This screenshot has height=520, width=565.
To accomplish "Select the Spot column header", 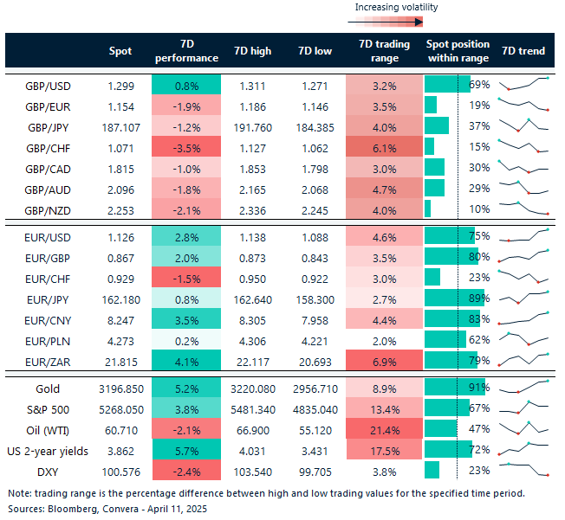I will pyautogui.click(x=120, y=51).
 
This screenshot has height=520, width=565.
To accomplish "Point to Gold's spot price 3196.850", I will pyautogui.click(x=120, y=388).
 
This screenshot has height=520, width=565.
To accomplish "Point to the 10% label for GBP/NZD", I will pyautogui.click(x=479, y=208).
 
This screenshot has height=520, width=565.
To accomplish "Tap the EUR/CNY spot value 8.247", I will pyautogui.click(x=120, y=319).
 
